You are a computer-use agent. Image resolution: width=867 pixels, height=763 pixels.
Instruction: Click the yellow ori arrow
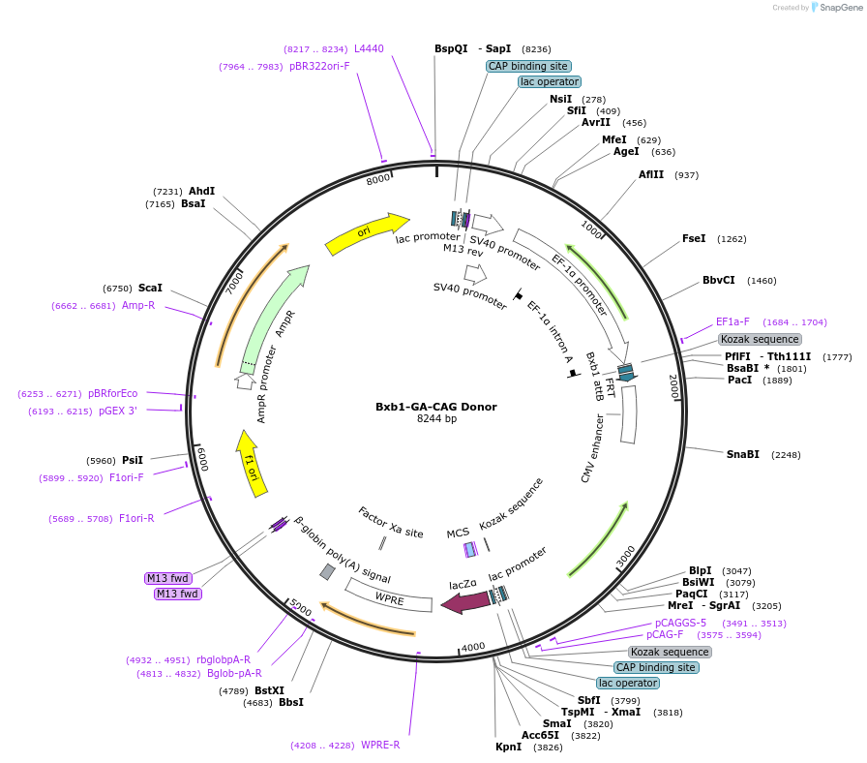365,233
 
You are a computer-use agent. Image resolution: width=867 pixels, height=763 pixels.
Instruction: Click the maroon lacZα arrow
465,602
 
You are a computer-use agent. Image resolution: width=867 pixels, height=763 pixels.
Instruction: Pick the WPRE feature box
389,595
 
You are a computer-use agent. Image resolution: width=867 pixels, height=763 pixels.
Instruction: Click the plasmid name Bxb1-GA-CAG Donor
436,407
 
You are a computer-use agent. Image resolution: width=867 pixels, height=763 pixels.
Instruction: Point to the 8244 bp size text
436,419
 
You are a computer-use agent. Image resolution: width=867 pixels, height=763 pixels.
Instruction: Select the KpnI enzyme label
509,747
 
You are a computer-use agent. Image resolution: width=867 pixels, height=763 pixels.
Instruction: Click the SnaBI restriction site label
742,454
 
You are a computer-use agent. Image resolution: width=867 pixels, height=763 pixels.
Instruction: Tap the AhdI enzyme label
202,191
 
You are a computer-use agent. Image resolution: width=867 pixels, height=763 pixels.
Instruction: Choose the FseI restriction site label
694,238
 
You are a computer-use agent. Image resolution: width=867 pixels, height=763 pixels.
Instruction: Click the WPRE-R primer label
380,745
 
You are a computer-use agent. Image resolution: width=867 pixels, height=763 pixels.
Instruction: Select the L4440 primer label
369,48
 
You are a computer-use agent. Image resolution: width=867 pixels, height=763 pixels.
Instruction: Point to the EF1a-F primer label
732,322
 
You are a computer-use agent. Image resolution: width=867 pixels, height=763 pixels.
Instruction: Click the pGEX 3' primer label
118,412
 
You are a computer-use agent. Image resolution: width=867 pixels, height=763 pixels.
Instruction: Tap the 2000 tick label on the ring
674,386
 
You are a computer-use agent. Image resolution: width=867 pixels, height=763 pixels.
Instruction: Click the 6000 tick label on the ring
202,459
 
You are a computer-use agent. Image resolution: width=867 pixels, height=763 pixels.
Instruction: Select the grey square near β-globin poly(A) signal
327,572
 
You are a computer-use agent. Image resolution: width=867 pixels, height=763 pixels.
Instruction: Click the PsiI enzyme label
133,460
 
